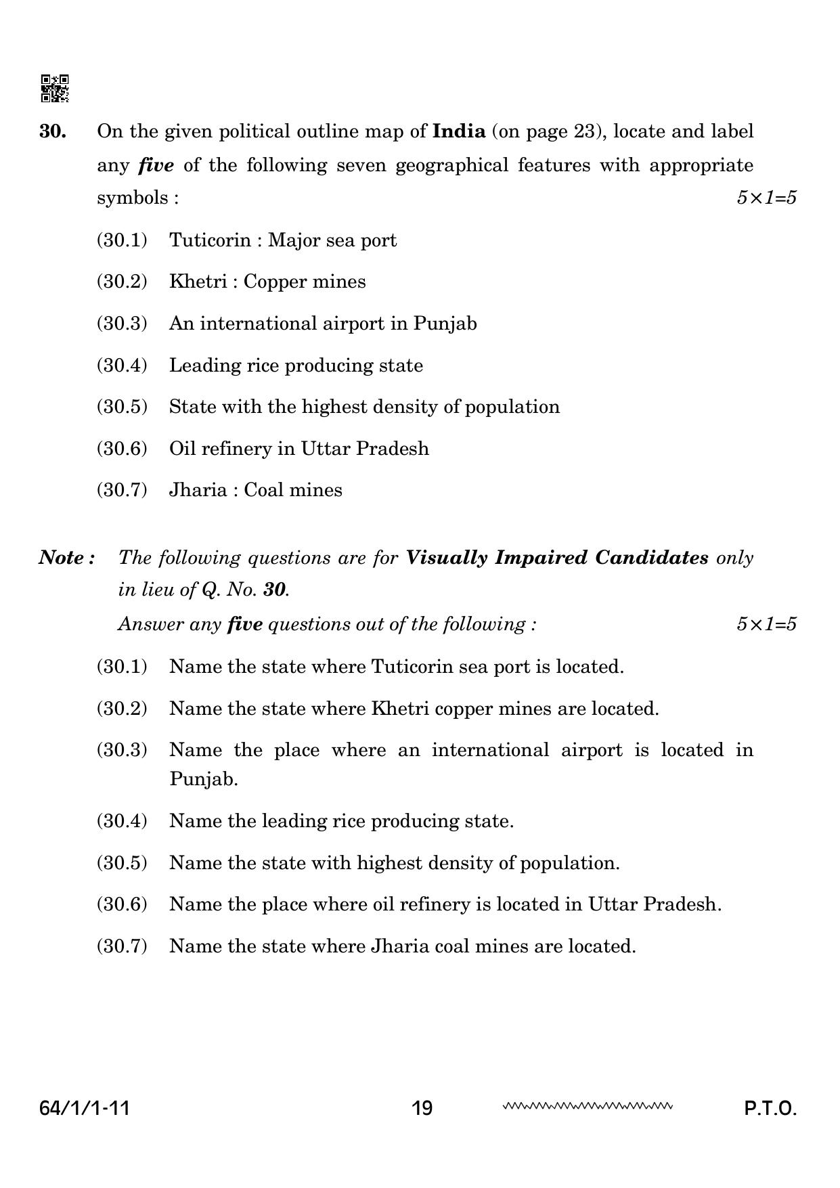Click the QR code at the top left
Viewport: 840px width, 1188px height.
(55, 89)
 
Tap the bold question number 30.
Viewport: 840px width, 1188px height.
(53, 131)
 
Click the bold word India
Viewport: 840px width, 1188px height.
(459, 131)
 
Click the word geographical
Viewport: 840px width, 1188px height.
(451, 165)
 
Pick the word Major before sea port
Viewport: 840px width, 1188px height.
(294, 240)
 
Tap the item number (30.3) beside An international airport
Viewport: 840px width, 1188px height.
(122, 324)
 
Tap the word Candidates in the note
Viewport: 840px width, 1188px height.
(652, 558)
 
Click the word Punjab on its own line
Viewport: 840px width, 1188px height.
(204, 779)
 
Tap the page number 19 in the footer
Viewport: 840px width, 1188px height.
(422, 1108)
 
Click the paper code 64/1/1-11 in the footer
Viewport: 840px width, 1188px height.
(85, 1108)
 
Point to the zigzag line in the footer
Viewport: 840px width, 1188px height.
(587, 1107)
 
